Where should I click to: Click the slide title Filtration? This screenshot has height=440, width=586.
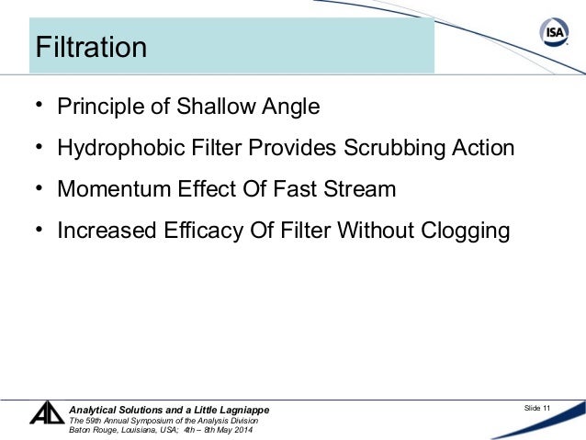pos(90,48)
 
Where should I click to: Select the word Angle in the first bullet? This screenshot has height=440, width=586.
pos(289,107)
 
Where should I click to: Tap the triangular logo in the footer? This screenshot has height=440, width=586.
pos(46,414)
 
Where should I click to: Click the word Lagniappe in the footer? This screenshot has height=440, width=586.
pos(238,409)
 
